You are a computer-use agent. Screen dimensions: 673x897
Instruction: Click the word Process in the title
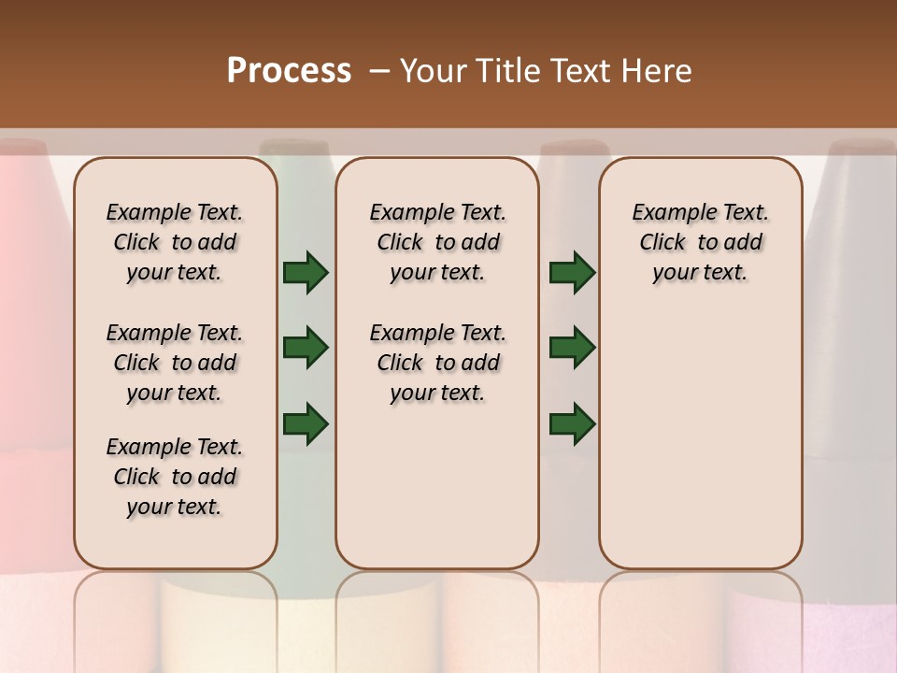[x=289, y=71]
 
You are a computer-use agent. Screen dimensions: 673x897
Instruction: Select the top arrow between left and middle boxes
[x=306, y=272]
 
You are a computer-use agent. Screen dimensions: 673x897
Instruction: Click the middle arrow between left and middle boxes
[x=306, y=348]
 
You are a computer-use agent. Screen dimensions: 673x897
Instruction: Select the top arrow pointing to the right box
[x=572, y=272]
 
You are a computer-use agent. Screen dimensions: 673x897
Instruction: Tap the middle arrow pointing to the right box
[x=572, y=348]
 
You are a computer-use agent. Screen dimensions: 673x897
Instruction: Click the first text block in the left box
[x=175, y=242]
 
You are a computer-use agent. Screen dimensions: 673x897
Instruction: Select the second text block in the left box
[x=175, y=363]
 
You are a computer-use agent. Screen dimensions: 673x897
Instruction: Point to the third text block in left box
[x=175, y=477]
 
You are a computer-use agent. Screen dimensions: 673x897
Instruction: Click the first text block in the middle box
[x=437, y=242]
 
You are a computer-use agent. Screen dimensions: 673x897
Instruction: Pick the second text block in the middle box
[x=437, y=363]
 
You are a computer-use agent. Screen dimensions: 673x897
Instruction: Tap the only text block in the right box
[x=700, y=242]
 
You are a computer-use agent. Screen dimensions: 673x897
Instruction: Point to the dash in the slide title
[x=380, y=71]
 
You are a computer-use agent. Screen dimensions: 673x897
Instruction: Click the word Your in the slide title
[x=434, y=71]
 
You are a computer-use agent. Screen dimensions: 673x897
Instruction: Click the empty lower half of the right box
[x=700, y=449]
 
